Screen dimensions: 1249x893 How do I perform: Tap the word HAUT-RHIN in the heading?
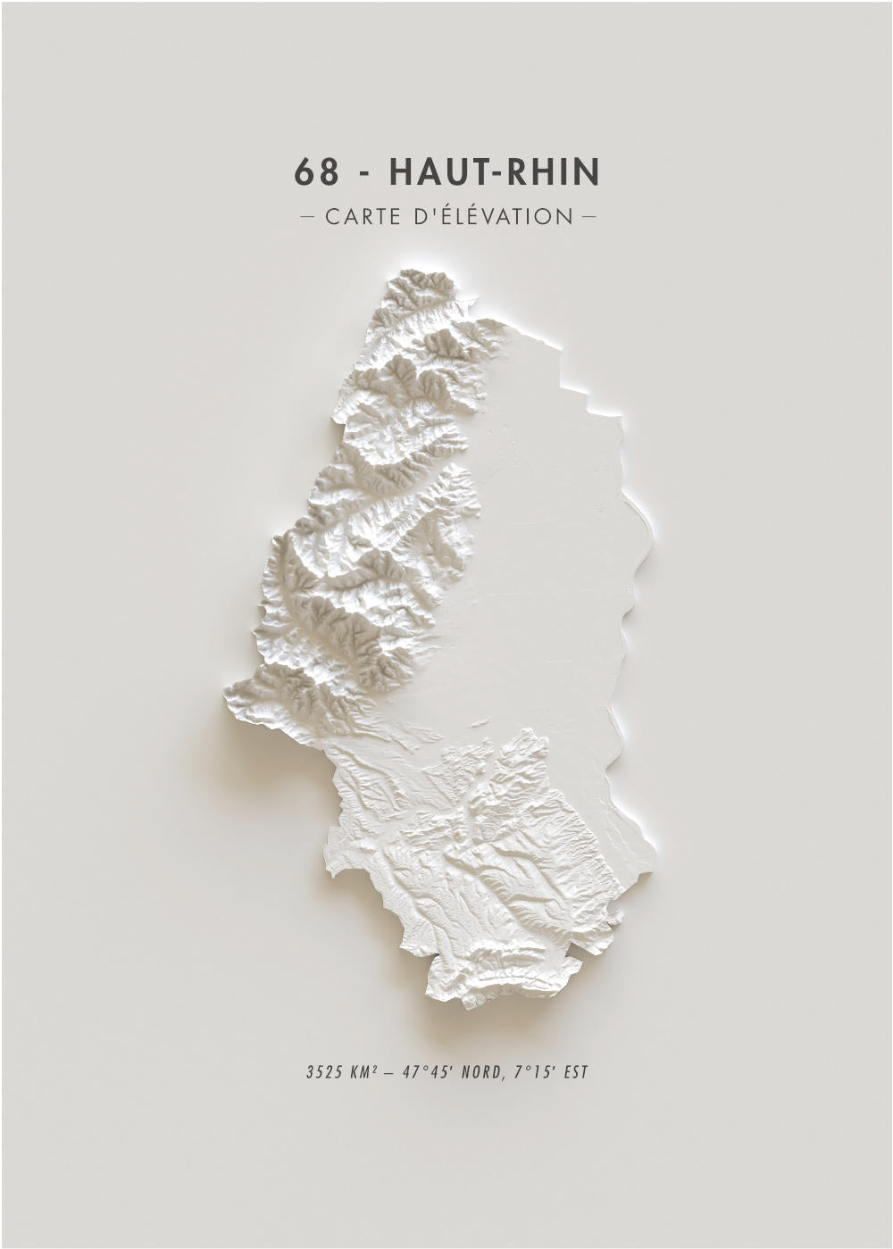tap(495, 171)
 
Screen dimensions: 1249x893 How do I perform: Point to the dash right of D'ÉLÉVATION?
tap(588, 217)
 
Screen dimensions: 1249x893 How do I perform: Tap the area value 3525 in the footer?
tap(322, 1071)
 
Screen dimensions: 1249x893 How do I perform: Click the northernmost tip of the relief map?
tap(411, 271)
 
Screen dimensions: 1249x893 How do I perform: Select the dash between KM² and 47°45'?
tap(389, 1071)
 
